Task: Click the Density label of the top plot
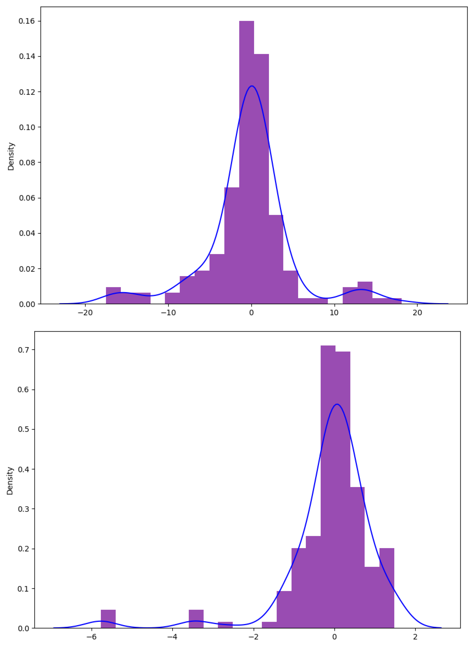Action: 11,156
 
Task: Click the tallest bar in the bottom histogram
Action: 328,487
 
